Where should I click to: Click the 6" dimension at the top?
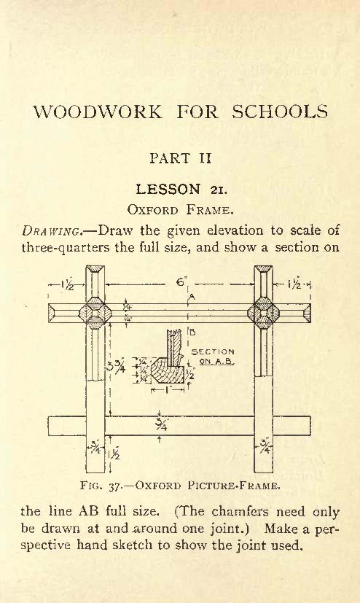(x=181, y=282)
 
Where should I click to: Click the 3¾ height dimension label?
(x=116, y=367)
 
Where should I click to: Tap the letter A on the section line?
(x=192, y=297)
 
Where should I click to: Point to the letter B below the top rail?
(x=193, y=332)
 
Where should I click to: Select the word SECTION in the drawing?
(x=213, y=351)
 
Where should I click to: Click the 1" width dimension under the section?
(x=168, y=390)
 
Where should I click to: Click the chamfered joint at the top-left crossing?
(x=95, y=313)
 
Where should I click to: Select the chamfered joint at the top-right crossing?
(x=263, y=313)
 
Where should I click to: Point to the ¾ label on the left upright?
(x=95, y=448)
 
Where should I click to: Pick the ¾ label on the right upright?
(x=265, y=447)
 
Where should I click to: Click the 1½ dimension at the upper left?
(x=67, y=285)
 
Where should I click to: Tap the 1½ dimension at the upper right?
(x=294, y=284)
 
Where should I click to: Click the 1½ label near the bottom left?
(x=114, y=454)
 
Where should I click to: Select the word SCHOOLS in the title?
(x=280, y=112)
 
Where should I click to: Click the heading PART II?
(x=180, y=158)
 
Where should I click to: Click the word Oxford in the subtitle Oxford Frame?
(x=153, y=210)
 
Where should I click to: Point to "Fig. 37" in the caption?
(x=100, y=486)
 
